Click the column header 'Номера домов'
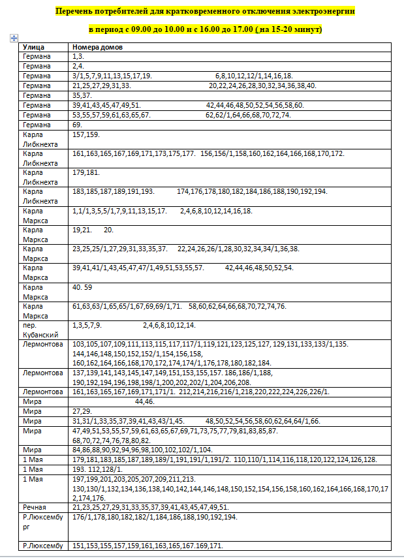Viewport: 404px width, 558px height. (x=98, y=48)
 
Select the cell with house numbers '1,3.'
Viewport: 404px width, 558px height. (x=78, y=57)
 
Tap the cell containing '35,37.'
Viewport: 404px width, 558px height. (x=82, y=95)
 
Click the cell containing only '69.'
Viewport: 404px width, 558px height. (x=77, y=124)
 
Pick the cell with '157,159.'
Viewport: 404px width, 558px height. (x=85, y=134)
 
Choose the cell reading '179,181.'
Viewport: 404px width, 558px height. (x=85, y=172)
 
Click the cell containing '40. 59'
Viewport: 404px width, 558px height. (x=82, y=287)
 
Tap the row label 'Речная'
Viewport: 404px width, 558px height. (x=34, y=507)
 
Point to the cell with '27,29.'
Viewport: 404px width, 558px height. (x=82, y=412)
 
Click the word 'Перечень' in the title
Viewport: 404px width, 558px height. (x=75, y=12)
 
